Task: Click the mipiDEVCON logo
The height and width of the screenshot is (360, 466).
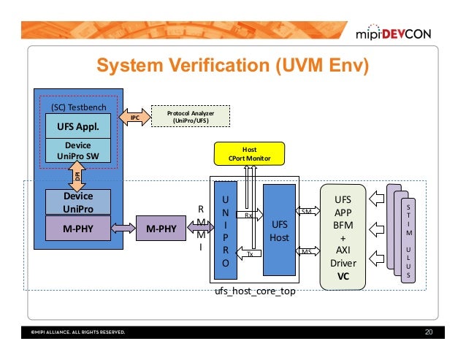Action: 393,32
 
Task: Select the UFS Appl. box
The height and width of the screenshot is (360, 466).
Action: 78,126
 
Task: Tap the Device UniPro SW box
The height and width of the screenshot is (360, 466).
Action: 78,150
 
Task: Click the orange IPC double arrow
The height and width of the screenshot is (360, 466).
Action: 134,118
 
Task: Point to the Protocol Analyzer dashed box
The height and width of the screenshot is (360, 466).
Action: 191,116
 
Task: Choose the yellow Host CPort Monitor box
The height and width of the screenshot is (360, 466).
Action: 249,153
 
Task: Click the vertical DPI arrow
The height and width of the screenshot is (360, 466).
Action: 77,176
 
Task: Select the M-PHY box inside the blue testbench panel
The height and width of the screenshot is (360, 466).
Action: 78,229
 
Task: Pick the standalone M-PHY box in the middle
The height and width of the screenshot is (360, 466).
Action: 161,228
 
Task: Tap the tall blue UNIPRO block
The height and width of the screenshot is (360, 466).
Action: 226,230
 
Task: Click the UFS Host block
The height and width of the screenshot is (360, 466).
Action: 279,230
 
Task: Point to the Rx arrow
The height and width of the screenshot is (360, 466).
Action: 249,215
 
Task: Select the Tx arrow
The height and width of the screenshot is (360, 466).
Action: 248,253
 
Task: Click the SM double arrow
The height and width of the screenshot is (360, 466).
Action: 308,211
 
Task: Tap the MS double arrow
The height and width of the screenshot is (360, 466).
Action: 308,251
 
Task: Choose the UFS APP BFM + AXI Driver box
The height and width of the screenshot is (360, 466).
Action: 343,237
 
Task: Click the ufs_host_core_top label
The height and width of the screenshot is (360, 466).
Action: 255,291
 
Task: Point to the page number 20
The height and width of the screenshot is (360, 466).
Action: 429,332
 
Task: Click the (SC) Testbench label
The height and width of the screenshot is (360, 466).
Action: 79,107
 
